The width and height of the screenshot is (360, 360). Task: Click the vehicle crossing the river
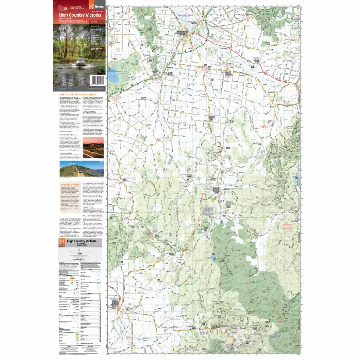(x=81, y=60)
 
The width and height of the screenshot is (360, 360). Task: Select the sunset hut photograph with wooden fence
(x=93, y=147)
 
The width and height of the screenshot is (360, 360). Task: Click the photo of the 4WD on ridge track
(x=82, y=168)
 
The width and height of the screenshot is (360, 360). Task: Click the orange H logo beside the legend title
(x=62, y=242)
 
